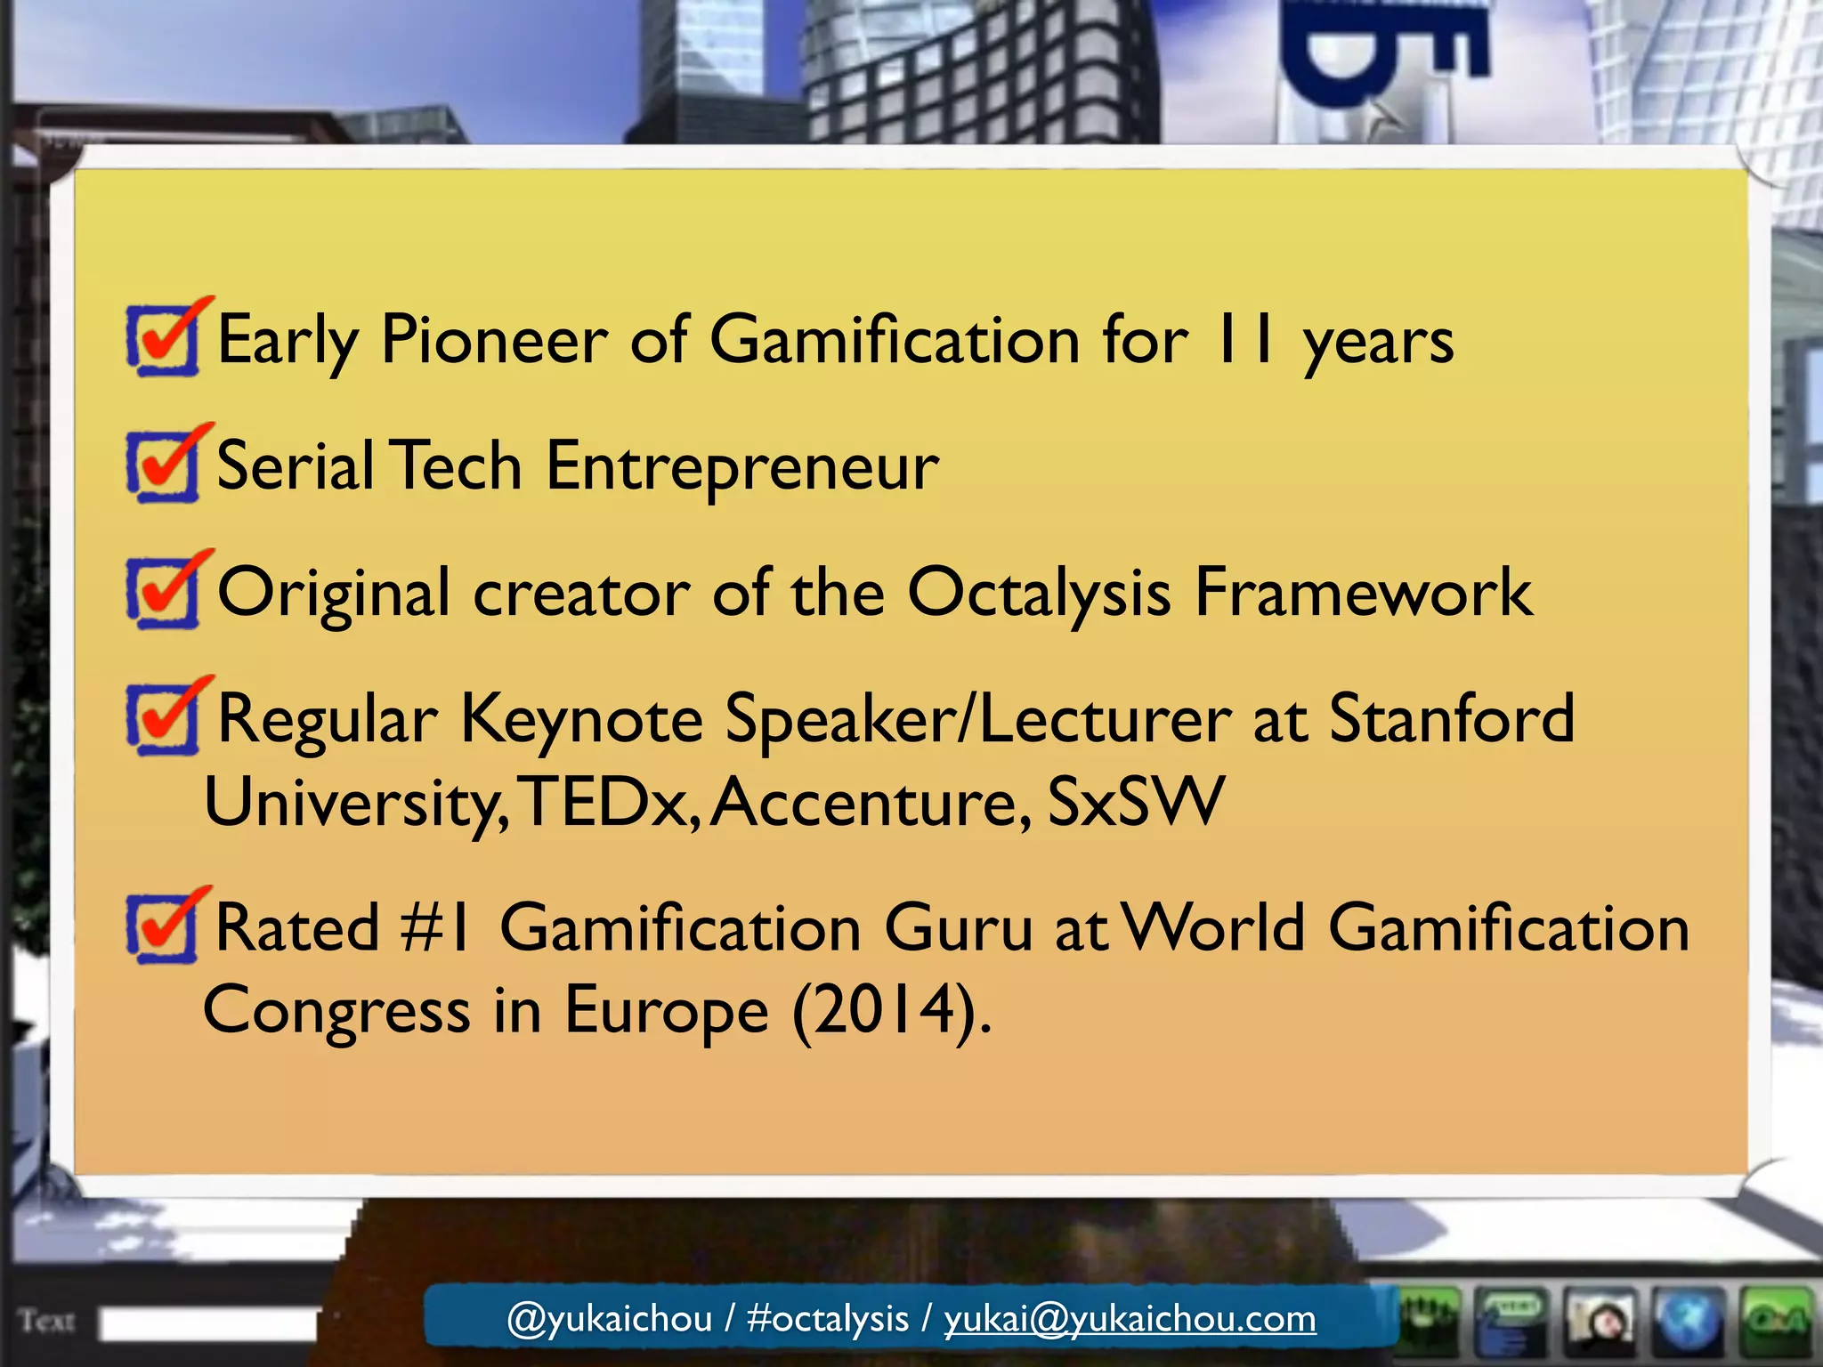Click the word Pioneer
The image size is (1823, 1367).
(494, 341)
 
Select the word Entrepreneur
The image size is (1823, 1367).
(742, 467)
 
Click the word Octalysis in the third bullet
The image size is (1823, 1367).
(1039, 594)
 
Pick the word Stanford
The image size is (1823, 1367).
(1452, 719)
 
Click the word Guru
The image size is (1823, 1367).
(958, 929)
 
